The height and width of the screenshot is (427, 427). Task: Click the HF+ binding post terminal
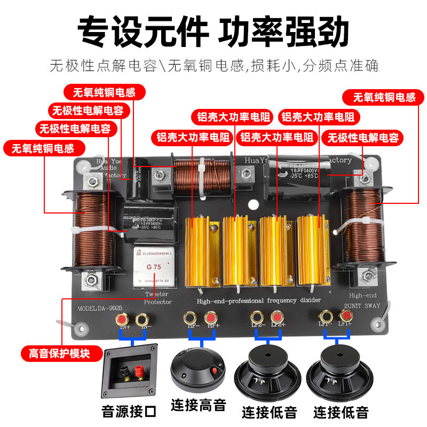pyautogui.click(x=211, y=318)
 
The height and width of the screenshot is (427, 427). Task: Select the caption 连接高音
pyautogui.click(x=199, y=405)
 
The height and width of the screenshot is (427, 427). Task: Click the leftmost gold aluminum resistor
pyautogui.click(x=198, y=251)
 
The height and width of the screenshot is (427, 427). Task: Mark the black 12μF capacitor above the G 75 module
pyautogui.click(x=150, y=219)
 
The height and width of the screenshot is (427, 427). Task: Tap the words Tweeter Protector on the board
pyautogui.click(x=159, y=298)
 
